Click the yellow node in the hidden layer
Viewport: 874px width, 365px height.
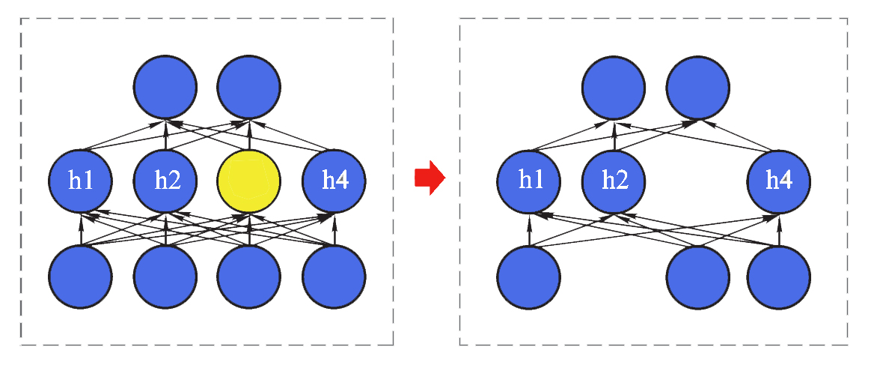(x=249, y=181)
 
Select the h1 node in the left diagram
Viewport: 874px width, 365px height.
(x=80, y=181)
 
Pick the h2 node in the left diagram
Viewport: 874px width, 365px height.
(x=165, y=181)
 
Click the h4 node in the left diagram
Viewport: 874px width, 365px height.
(x=334, y=181)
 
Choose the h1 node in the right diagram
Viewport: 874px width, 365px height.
(x=529, y=181)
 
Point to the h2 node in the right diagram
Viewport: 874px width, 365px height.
(x=614, y=181)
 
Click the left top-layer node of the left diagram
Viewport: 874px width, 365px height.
(x=165, y=87)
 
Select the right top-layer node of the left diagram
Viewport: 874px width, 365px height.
(x=249, y=87)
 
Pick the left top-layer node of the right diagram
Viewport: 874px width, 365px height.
(x=614, y=87)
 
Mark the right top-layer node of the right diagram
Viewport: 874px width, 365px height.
(x=698, y=87)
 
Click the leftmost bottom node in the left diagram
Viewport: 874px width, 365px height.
(x=80, y=276)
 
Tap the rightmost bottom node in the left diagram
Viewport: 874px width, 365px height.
(x=334, y=276)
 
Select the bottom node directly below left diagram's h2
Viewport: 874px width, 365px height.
(x=165, y=276)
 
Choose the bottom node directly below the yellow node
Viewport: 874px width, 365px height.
(x=249, y=276)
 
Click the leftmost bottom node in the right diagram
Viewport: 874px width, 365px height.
(x=529, y=276)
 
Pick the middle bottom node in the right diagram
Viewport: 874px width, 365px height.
(x=698, y=276)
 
